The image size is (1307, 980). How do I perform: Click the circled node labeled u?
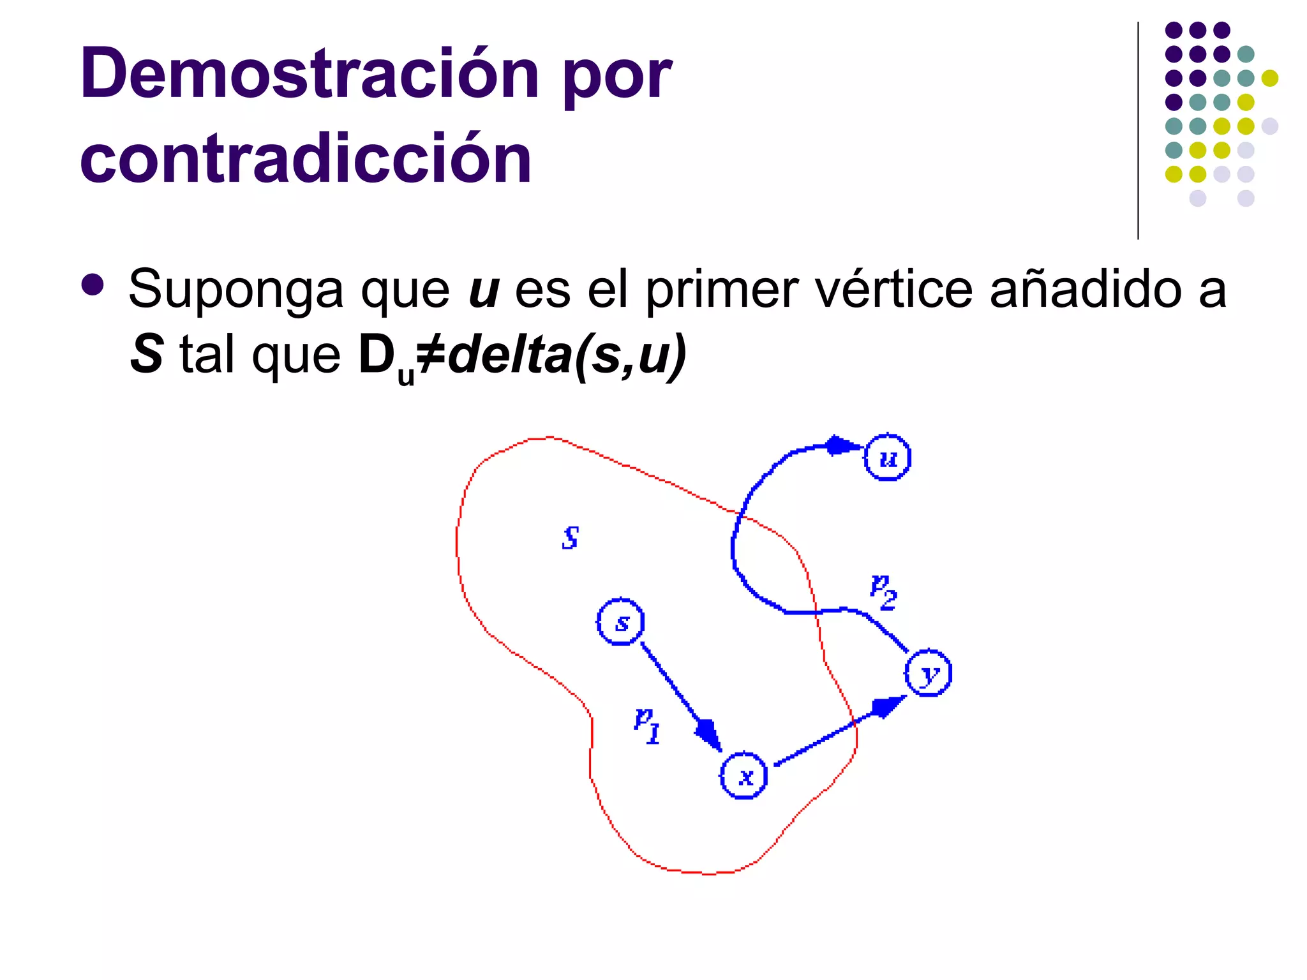tap(887, 457)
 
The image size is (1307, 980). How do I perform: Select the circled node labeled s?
tap(620, 621)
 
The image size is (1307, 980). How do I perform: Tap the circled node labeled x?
tap(743, 775)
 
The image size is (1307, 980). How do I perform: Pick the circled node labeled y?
tap(928, 673)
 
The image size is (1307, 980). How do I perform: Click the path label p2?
tap(884, 592)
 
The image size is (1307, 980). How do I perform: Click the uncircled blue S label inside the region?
tap(571, 537)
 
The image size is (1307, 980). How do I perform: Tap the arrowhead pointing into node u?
tap(841, 445)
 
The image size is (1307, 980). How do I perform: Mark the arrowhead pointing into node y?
tap(887, 706)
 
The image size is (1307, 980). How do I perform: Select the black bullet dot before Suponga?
tap(93, 285)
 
